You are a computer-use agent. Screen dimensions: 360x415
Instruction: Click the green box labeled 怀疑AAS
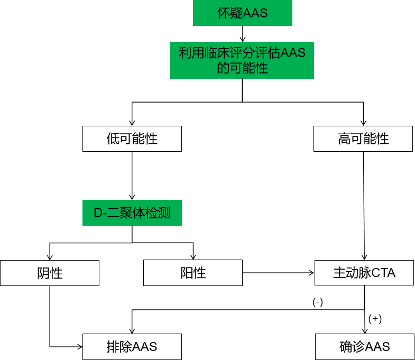click(243, 13)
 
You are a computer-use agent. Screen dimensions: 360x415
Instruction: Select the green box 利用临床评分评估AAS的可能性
click(242, 60)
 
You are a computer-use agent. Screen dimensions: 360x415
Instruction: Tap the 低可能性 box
click(132, 139)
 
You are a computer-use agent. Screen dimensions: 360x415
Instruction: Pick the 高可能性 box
click(363, 139)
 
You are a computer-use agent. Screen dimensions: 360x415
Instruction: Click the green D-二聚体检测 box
click(132, 213)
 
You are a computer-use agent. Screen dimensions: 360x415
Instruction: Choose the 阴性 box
click(50, 273)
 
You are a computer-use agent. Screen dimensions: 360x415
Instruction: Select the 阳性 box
click(193, 273)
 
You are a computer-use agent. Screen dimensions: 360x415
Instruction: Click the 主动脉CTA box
click(364, 273)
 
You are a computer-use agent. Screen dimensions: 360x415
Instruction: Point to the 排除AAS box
click(132, 347)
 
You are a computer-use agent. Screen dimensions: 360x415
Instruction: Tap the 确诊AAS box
click(364, 347)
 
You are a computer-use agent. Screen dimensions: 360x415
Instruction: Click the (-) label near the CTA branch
click(318, 302)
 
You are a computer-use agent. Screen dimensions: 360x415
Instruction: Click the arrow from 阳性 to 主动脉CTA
click(278, 273)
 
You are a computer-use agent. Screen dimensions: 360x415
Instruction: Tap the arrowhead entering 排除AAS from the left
click(79, 347)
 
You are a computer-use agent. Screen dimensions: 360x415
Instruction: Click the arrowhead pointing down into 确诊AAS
click(364, 330)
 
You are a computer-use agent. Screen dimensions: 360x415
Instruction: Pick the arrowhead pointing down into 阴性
click(50, 257)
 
